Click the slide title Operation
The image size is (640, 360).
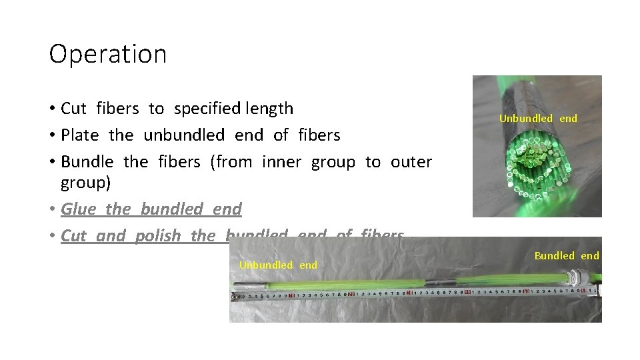coord(107,54)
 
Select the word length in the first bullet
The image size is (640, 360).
coord(269,108)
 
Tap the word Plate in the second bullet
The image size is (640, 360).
coord(79,135)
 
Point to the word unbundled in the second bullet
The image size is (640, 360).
coord(184,135)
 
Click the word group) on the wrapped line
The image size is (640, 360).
coord(85,182)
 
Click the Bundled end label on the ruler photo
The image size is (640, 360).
coord(567,255)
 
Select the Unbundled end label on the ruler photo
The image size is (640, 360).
coord(278,265)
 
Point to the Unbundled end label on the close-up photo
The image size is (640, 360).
coord(538,118)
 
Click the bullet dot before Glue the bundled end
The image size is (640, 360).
coord(51,209)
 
